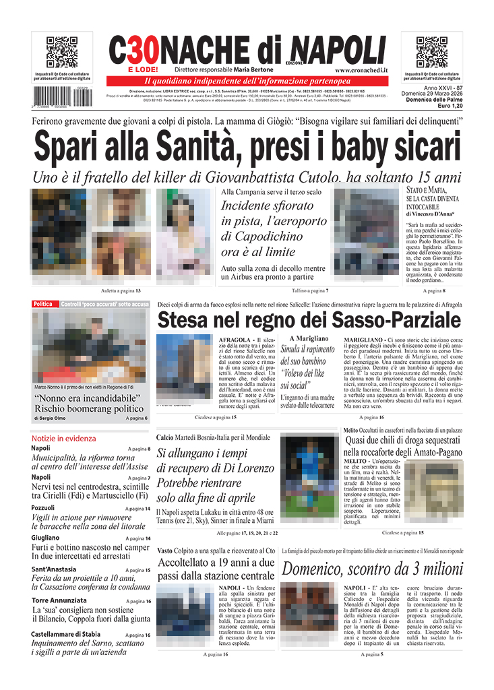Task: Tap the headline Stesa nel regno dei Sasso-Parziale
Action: [309, 319]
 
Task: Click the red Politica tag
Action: [42, 305]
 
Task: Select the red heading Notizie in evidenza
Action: [63, 438]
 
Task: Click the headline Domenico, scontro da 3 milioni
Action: [372, 569]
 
